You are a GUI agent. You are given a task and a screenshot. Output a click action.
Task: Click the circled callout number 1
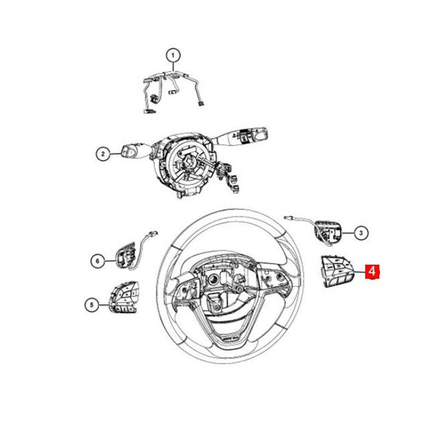click(173, 56)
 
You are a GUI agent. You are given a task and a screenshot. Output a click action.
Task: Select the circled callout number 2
click(103, 154)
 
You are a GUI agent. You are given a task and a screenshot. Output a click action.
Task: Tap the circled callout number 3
click(361, 233)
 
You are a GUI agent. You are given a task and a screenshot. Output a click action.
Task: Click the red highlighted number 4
click(373, 271)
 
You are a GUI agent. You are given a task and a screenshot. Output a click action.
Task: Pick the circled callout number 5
click(92, 305)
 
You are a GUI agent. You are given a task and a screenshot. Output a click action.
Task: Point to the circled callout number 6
click(98, 261)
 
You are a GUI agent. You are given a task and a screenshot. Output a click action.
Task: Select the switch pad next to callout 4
click(336, 271)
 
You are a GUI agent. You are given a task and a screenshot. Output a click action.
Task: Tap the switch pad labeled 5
click(123, 297)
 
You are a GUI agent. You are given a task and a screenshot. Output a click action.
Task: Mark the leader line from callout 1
click(173, 67)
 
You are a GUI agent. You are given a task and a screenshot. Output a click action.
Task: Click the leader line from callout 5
click(104, 305)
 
